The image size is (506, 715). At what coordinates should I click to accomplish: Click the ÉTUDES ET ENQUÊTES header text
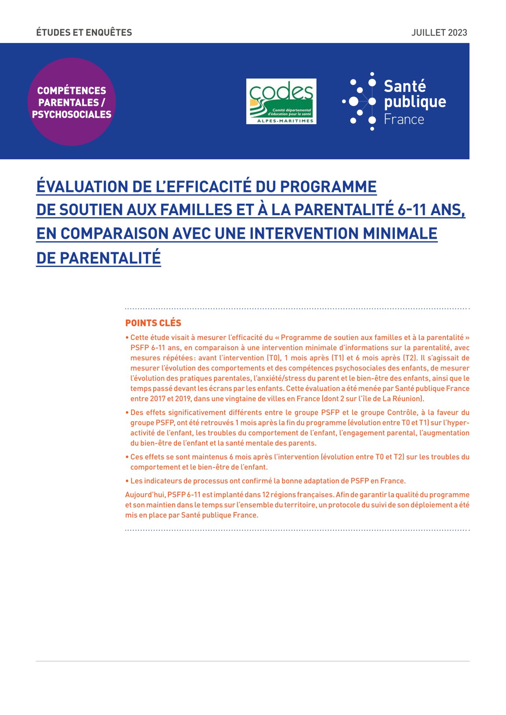point(84,33)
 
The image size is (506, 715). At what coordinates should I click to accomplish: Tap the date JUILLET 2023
point(439,33)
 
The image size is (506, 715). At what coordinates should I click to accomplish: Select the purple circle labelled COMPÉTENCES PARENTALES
point(72,102)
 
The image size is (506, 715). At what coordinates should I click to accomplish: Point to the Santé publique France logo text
point(414,102)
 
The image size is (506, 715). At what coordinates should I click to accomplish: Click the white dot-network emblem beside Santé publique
point(360,102)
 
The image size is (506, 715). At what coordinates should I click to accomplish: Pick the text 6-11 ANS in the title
point(431,210)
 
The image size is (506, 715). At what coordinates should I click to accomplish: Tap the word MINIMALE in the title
point(400,233)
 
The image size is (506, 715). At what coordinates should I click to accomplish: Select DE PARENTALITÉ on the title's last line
point(98,258)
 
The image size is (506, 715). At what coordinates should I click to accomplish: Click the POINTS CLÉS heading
point(153,323)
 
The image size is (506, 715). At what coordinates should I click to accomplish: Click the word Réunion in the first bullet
point(407,399)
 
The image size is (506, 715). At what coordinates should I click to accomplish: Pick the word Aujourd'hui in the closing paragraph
point(145,495)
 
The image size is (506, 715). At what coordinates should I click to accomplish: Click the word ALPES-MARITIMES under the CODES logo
point(285,121)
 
